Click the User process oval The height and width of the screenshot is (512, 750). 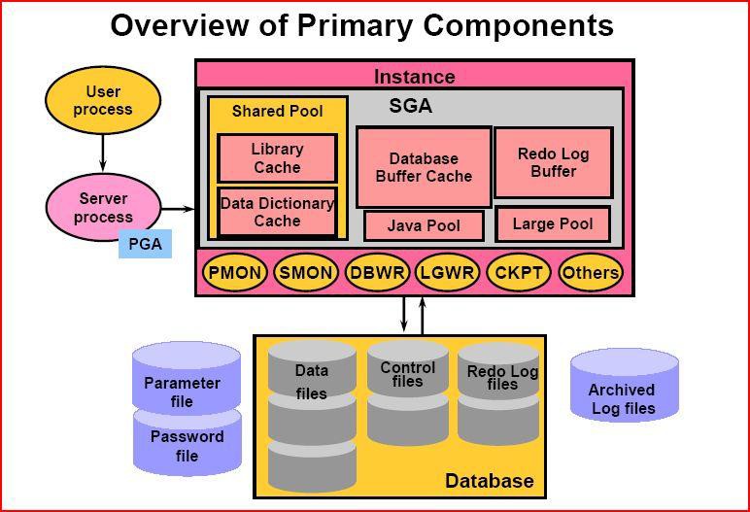click(x=103, y=100)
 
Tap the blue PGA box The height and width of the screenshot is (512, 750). click(x=145, y=244)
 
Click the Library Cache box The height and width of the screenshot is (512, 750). click(x=278, y=158)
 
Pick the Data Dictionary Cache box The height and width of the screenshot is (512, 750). click(x=278, y=212)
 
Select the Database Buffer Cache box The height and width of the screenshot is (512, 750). click(x=424, y=167)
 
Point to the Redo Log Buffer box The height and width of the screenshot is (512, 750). click(x=554, y=162)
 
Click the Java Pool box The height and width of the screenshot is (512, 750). click(x=424, y=225)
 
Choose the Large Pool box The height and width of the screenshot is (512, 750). click(x=553, y=224)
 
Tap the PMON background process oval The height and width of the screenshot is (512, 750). click(x=235, y=272)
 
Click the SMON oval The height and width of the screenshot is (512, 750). click(x=306, y=272)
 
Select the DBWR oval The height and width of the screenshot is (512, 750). click(x=377, y=272)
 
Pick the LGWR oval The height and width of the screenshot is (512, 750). click(x=447, y=272)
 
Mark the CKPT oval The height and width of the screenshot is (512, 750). click(x=519, y=272)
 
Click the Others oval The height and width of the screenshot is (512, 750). click(x=591, y=272)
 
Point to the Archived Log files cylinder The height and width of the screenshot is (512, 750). click(x=625, y=386)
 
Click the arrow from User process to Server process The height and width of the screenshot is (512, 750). click(x=102, y=154)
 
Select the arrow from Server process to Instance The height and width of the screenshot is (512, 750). click(x=179, y=209)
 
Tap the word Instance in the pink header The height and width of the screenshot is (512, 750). click(x=414, y=77)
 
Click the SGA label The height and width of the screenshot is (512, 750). click(x=410, y=106)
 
